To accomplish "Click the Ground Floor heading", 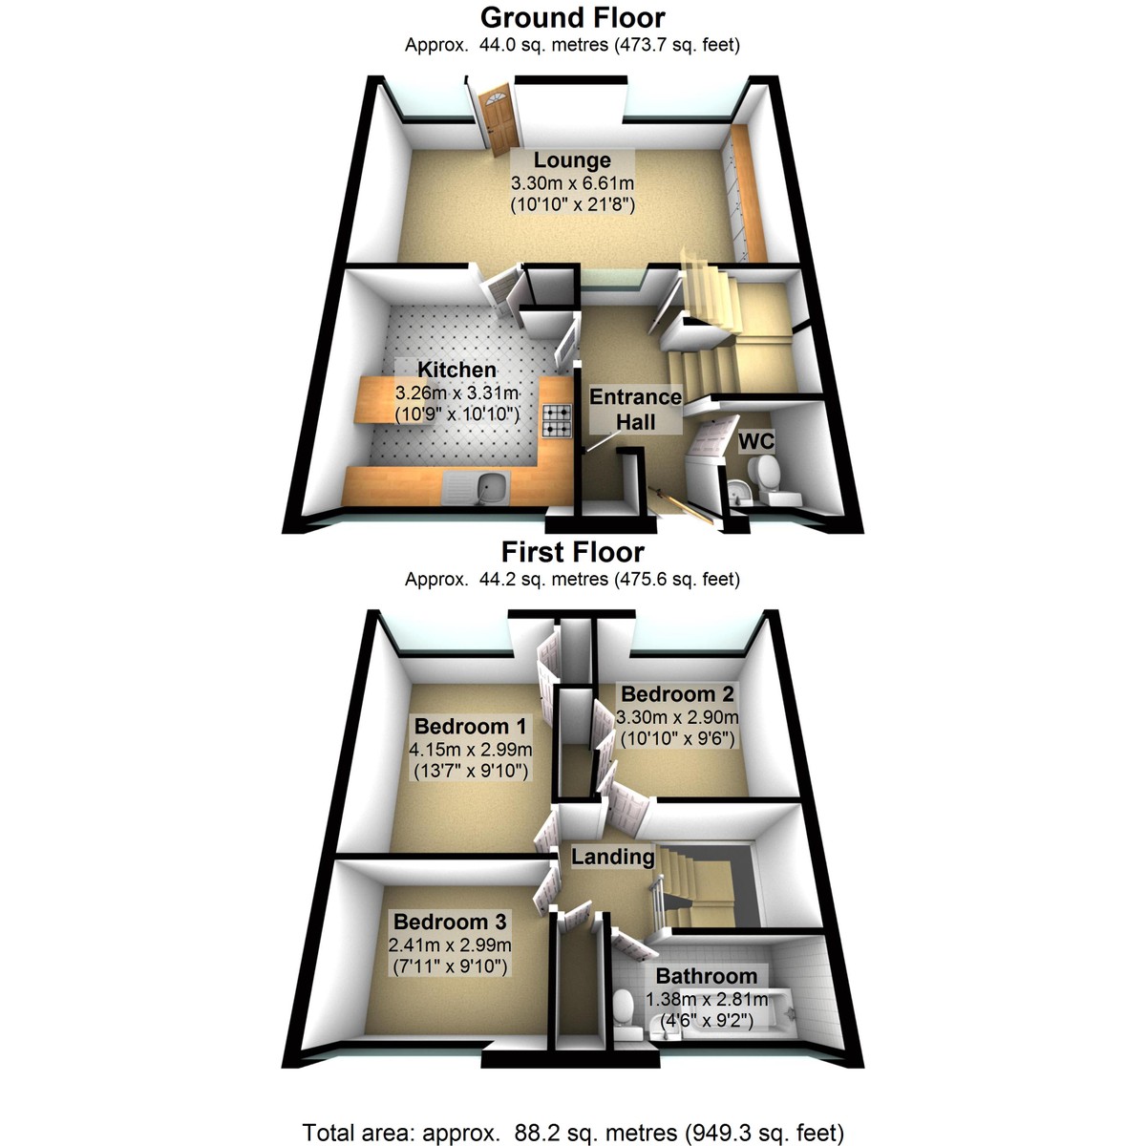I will coord(572,18).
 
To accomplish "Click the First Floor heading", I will coord(572,552).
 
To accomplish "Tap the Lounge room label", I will coord(572,160).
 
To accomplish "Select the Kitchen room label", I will coord(456,370).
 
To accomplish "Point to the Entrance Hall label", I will coord(635,409).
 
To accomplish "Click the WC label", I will coord(756,441).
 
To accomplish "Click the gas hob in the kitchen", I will coord(557,420).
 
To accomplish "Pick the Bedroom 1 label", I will coord(470,726).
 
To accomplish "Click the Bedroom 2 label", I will coord(677,694).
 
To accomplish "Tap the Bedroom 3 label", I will coord(450,922).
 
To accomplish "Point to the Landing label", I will coord(612,857).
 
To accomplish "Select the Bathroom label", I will coord(706,976).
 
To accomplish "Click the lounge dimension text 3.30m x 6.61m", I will coord(572,182).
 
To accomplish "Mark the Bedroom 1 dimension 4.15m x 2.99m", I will coord(472,749).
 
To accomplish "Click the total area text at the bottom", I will coord(572,1133).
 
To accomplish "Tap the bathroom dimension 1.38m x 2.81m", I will coord(707,999).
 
